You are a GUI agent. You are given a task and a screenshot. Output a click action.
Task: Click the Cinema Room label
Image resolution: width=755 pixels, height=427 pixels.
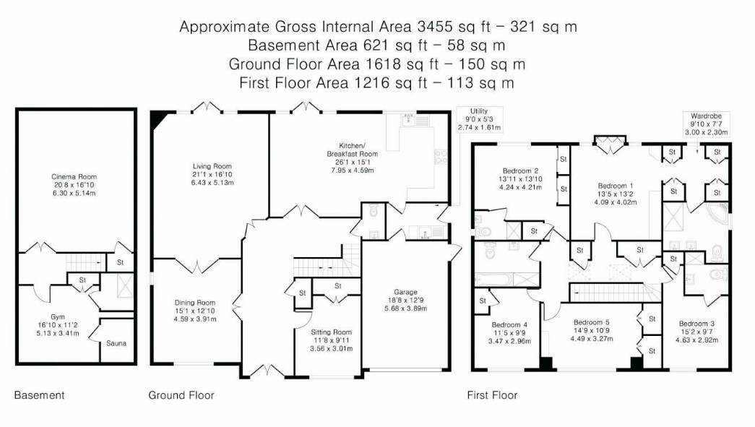click(74, 177)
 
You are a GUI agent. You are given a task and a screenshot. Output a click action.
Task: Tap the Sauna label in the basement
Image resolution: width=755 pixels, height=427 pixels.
click(116, 343)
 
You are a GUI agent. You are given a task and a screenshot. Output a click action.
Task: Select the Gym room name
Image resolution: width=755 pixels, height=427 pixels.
click(58, 316)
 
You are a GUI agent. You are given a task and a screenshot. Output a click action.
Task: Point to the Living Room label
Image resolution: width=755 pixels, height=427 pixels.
click(212, 166)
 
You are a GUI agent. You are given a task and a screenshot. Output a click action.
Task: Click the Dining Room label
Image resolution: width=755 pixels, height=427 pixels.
click(195, 302)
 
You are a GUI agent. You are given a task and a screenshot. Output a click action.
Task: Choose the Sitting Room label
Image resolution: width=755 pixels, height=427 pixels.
click(332, 332)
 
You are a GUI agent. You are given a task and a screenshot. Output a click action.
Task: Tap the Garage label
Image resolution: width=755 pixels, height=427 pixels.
click(405, 292)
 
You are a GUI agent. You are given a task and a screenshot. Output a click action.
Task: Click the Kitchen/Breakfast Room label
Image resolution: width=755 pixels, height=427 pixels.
click(353, 150)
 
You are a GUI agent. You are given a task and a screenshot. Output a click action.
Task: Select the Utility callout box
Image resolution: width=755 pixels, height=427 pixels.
click(479, 119)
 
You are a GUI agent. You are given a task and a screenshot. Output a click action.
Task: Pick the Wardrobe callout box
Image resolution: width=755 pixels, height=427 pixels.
click(707, 124)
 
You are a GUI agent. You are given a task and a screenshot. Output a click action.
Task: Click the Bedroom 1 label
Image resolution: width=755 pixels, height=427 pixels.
click(616, 186)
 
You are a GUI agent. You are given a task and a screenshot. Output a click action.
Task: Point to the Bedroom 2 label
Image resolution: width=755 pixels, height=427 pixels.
click(520, 171)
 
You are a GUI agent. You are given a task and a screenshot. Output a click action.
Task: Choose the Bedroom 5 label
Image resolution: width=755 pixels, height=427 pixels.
click(591, 322)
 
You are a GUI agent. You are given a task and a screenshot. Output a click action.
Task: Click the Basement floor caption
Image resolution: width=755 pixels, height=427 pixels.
click(39, 395)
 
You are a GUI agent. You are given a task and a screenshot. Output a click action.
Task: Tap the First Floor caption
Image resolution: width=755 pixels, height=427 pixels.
click(492, 395)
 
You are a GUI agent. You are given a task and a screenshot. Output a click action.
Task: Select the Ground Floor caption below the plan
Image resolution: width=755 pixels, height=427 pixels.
click(181, 395)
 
